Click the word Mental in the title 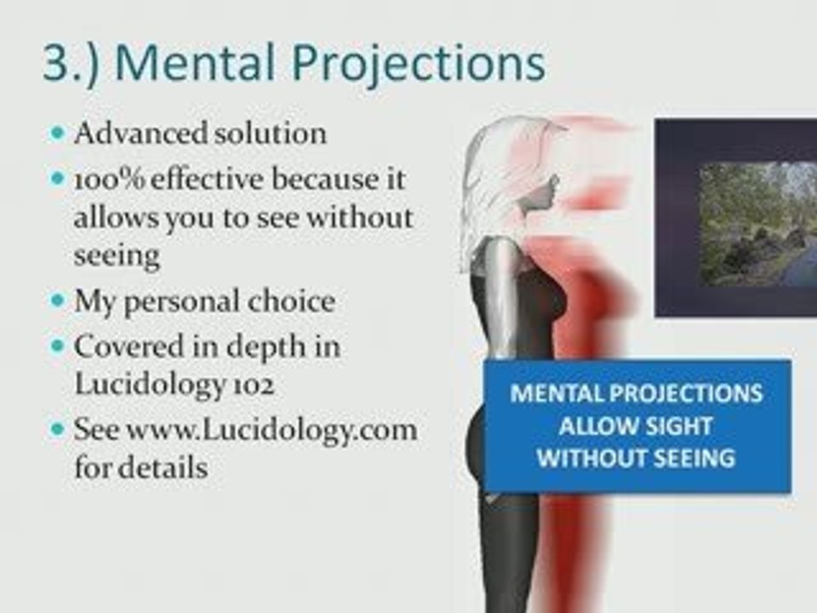[195, 62]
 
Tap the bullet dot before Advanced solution [57, 133]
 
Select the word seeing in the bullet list [117, 255]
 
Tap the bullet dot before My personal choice [57, 301]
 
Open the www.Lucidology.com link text [272, 431]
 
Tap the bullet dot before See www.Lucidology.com [57, 429]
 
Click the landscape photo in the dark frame [757, 224]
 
